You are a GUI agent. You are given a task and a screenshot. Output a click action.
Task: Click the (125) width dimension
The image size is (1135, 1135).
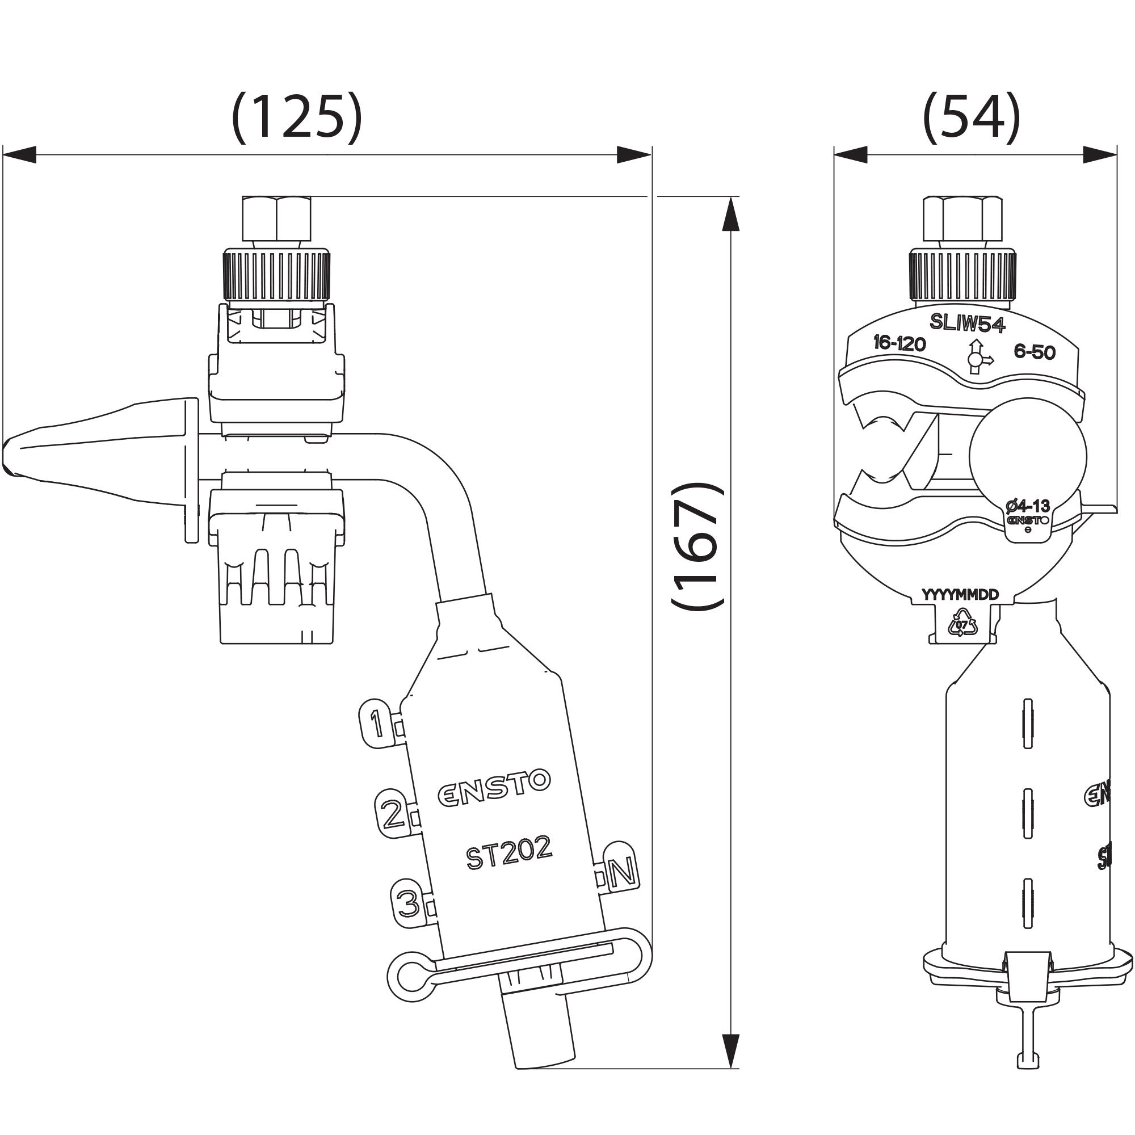point(297,117)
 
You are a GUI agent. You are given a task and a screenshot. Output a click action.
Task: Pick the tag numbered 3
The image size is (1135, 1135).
point(407,903)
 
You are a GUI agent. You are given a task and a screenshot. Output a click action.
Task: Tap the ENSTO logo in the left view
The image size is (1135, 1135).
point(494,787)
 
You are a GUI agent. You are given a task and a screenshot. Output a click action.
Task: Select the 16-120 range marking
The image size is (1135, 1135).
point(899,343)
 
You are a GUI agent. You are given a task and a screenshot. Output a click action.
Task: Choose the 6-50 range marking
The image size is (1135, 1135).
point(1035,351)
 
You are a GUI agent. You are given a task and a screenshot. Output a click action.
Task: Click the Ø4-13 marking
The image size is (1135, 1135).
point(1028,505)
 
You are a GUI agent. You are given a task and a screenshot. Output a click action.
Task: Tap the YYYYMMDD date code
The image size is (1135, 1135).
point(960,595)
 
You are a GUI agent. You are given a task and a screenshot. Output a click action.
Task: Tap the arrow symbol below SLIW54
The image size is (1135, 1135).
point(978,357)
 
